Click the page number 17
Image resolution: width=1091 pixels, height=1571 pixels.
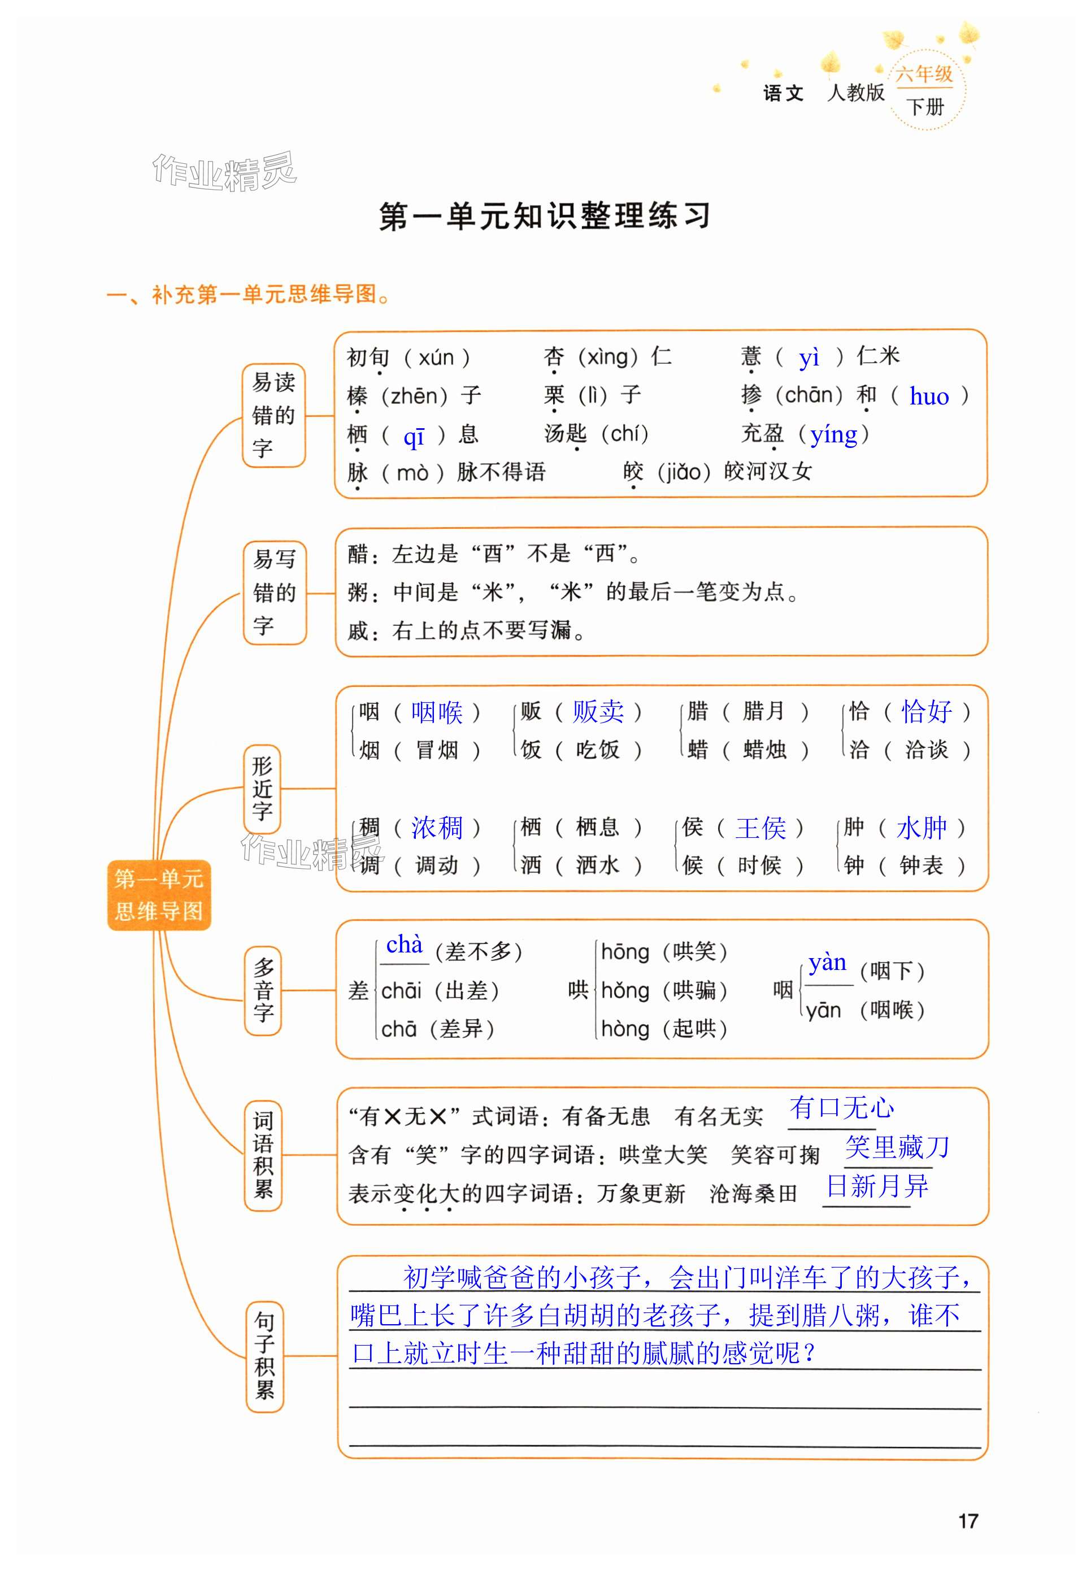(967, 1521)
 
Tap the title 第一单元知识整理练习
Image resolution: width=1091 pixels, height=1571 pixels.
(545, 216)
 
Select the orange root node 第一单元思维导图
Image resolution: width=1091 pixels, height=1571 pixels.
(159, 894)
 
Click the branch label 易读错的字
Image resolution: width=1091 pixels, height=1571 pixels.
(273, 415)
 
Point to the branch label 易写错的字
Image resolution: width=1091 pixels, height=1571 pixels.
(274, 593)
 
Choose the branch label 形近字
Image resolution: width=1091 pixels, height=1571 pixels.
(263, 789)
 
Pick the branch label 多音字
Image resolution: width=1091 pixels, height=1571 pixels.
(263, 990)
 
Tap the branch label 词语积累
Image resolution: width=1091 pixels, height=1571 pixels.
(263, 1155)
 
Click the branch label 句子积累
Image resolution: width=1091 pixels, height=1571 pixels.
(264, 1356)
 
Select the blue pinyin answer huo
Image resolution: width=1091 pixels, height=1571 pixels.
(929, 397)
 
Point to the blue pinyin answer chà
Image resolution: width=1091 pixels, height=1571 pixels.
(405, 945)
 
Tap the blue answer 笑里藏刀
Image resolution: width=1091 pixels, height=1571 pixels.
(897, 1147)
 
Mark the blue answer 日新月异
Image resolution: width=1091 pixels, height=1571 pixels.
(877, 1186)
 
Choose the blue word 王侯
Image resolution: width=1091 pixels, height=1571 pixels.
(760, 828)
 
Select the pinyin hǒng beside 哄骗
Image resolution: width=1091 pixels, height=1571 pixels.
(625, 990)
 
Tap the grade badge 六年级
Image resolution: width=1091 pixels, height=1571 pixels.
(924, 74)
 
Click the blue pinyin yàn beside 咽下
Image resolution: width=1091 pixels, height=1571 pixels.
(827, 963)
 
